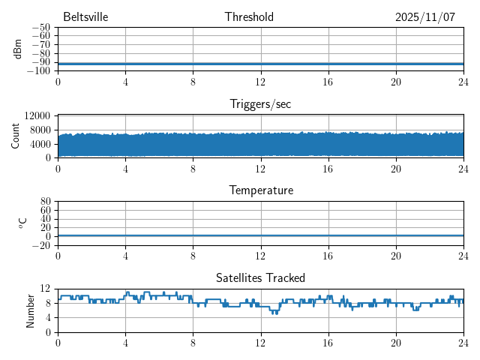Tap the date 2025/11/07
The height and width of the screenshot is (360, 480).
[x=425, y=17]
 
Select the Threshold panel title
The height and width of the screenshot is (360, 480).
[x=249, y=17]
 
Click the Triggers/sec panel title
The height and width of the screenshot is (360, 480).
[x=260, y=104]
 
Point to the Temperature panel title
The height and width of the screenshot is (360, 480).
[x=260, y=190]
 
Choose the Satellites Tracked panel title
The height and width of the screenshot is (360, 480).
[x=260, y=277]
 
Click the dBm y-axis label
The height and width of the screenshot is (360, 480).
[x=18, y=49]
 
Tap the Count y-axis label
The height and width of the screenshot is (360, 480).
[x=16, y=136]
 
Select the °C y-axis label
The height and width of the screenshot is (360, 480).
[x=22, y=223]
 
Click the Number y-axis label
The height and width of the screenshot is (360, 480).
[x=31, y=310]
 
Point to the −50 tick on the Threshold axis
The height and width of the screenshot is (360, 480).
[x=40, y=28]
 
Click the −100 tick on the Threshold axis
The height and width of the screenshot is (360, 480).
[x=38, y=71]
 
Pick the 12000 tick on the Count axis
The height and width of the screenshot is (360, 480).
[x=37, y=116]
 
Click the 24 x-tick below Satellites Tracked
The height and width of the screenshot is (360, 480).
[x=463, y=341]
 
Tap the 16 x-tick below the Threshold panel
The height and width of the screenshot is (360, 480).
[x=328, y=81]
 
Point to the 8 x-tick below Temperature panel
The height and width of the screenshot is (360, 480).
[x=193, y=255]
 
